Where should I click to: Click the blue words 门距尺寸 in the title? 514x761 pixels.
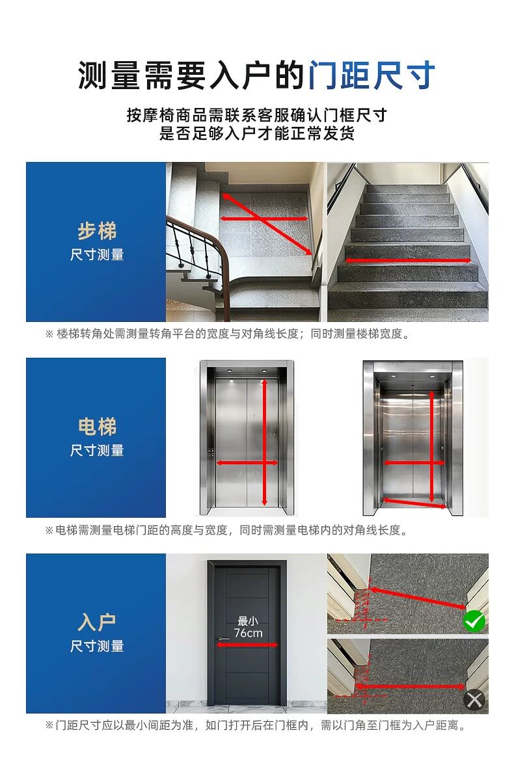coord(372,75)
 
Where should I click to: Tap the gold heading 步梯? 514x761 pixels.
coord(97,231)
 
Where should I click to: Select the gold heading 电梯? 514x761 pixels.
coord(97,427)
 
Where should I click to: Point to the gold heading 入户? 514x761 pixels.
coord(97,622)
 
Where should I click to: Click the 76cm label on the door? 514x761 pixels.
coord(248,633)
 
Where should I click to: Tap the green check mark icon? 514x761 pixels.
coord(474,621)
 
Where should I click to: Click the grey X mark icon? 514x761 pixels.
coord(474,700)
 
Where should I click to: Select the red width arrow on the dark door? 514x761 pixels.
coord(247,645)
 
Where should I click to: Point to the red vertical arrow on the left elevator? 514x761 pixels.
coord(265,442)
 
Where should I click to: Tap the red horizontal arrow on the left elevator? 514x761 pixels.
coord(247,463)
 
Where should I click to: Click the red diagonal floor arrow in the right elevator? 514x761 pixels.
coord(414,503)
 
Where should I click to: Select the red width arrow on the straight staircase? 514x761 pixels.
coord(408,261)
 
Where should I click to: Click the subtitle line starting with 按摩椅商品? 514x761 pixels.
coord(257,115)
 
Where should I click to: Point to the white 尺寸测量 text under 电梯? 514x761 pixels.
coord(97,450)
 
